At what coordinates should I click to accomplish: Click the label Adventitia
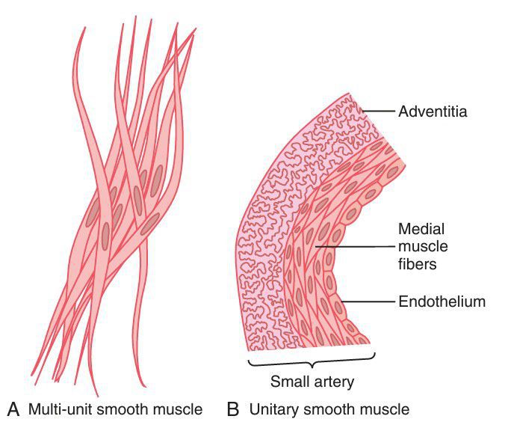433,112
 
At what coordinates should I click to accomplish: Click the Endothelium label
442,302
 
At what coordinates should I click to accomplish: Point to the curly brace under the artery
311,362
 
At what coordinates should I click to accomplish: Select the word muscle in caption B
388,409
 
